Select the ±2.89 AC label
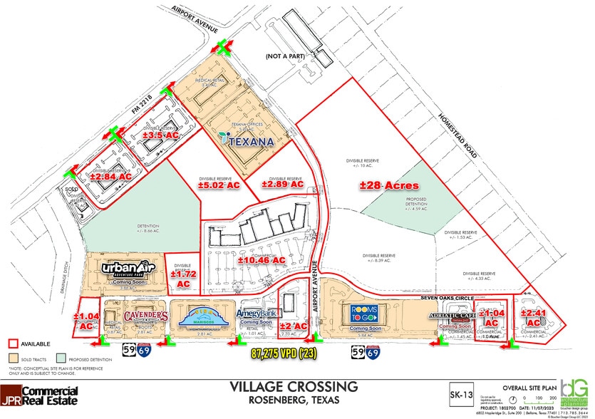click(282, 184)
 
